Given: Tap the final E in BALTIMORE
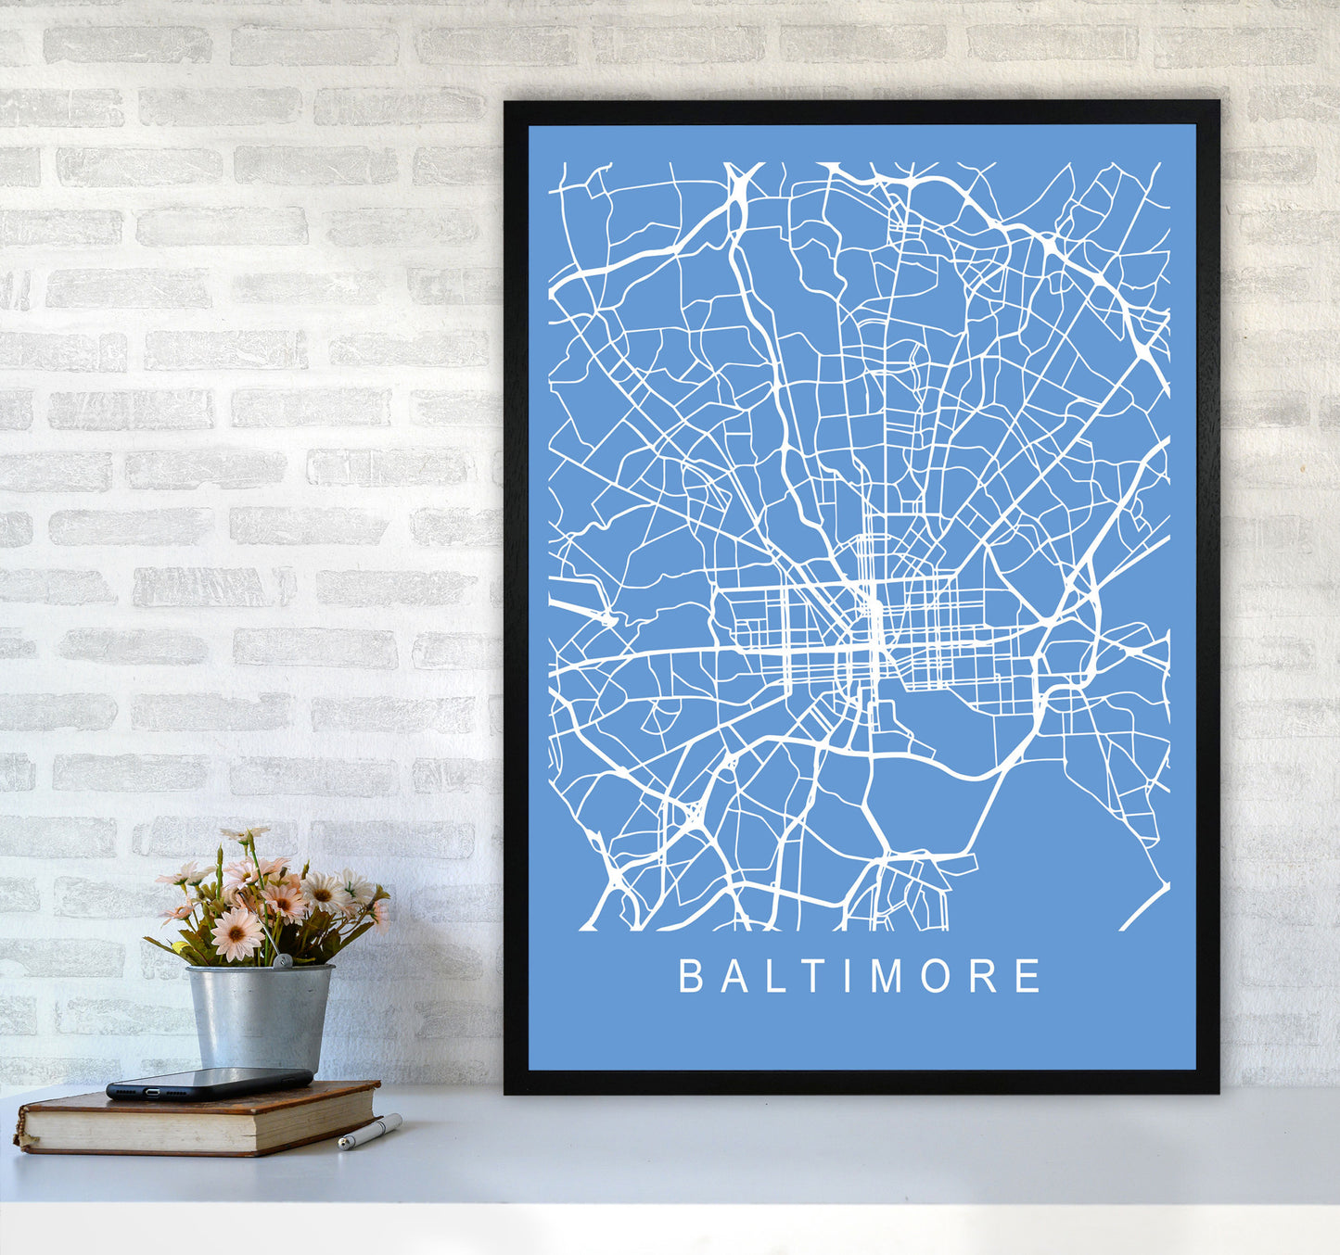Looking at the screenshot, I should pos(1027,976).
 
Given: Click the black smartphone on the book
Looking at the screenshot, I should pos(209,1083).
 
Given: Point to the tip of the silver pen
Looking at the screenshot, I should pos(341,1147).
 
